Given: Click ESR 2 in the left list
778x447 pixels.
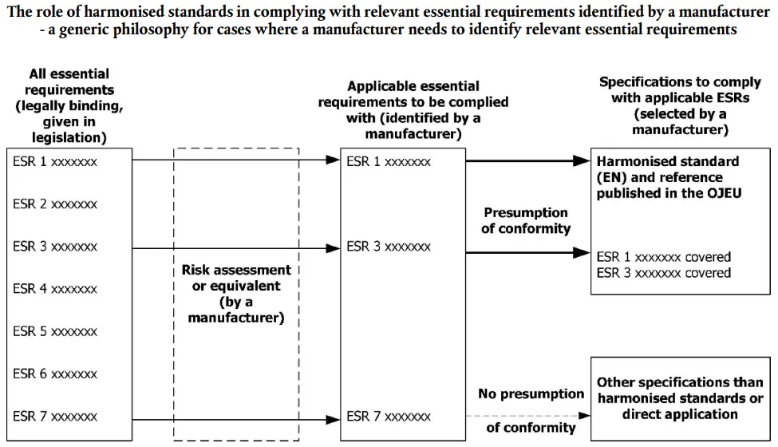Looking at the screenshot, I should click(x=55, y=204).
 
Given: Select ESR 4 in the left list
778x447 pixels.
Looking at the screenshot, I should click(x=55, y=289).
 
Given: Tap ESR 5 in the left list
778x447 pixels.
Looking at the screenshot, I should click(x=55, y=331).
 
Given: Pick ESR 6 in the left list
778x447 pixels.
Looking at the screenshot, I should click(x=55, y=374).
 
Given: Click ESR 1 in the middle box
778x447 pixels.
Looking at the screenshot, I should click(x=389, y=162).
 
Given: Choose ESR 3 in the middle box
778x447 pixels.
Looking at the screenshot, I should click(x=389, y=247).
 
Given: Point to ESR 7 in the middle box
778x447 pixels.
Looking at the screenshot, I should click(x=389, y=417).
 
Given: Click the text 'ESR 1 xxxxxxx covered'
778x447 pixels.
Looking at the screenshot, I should click(x=664, y=258).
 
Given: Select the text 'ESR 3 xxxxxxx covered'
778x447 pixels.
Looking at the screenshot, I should click(x=664, y=273).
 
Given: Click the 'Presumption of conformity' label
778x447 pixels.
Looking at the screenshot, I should click(x=526, y=221).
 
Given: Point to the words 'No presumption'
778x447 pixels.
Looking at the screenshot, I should click(x=531, y=394).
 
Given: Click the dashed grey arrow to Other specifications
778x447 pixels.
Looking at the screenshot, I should click(x=527, y=416).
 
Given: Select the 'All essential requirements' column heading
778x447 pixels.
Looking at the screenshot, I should click(x=70, y=106).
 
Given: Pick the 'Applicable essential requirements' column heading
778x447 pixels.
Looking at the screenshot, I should click(x=413, y=109).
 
